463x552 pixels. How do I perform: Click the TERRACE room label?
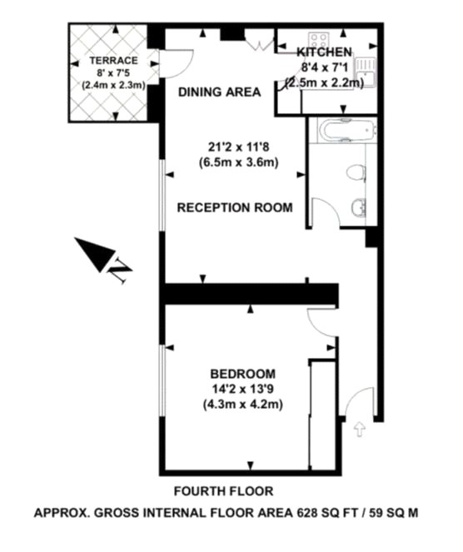(113, 61)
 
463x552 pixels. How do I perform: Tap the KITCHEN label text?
(324, 52)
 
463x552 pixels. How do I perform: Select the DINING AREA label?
(219, 92)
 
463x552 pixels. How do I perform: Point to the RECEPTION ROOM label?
(235, 207)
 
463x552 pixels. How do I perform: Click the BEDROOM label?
(242, 374)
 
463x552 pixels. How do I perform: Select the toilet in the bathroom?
(356, 173)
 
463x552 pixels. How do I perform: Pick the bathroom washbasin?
(359, 208)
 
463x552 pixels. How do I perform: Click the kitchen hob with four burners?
(319, 39)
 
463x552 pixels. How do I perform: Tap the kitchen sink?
(366, 72)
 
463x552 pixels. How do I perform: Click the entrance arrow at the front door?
(360, 430)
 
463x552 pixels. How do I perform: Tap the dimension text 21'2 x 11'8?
(239, 147)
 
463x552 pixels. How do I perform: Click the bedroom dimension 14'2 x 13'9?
(243, 389)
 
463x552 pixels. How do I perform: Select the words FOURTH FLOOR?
(223, 490)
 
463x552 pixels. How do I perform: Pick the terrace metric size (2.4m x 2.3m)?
(114, 86)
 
